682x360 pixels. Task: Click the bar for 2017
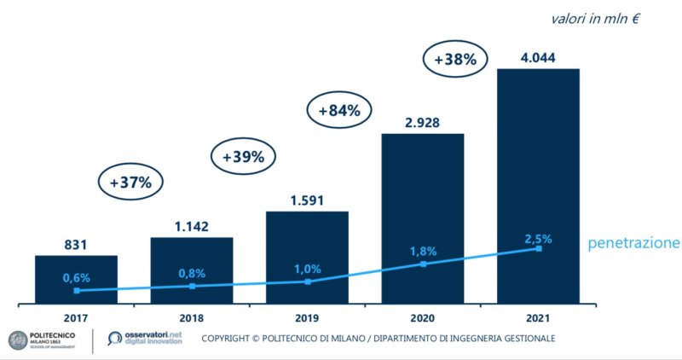[76, 278]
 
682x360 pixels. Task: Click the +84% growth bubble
[339, 110]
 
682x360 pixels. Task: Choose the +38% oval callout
[455, 61]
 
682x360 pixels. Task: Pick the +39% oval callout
[243, 157]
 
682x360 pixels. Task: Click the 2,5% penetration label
[538, 238]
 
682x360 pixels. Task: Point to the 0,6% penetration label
[76, 277]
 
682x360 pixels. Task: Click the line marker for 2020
[423, 264]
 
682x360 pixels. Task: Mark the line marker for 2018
[192, 287]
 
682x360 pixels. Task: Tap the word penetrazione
[633, 244]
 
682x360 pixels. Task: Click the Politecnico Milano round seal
[18, 340]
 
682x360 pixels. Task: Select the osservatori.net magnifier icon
[116, 340]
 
